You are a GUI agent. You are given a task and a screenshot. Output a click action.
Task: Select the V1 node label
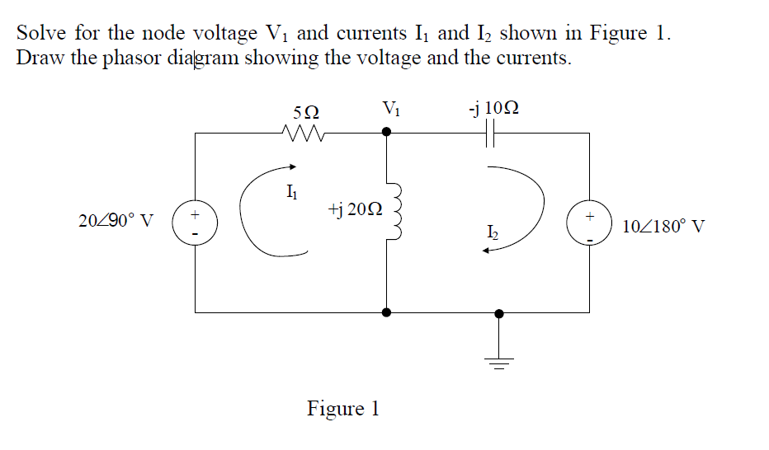point(391,108)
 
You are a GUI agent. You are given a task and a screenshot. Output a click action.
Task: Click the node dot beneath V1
point(386,131)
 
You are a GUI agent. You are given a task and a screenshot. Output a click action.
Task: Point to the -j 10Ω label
point(493,108)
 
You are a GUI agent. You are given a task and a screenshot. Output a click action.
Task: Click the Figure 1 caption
point(342,408)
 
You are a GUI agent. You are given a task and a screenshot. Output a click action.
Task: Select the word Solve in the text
point(41,34)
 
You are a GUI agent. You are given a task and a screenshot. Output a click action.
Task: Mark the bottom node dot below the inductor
point(386,313)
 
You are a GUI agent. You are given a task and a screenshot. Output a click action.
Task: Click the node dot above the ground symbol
point(498,313)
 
